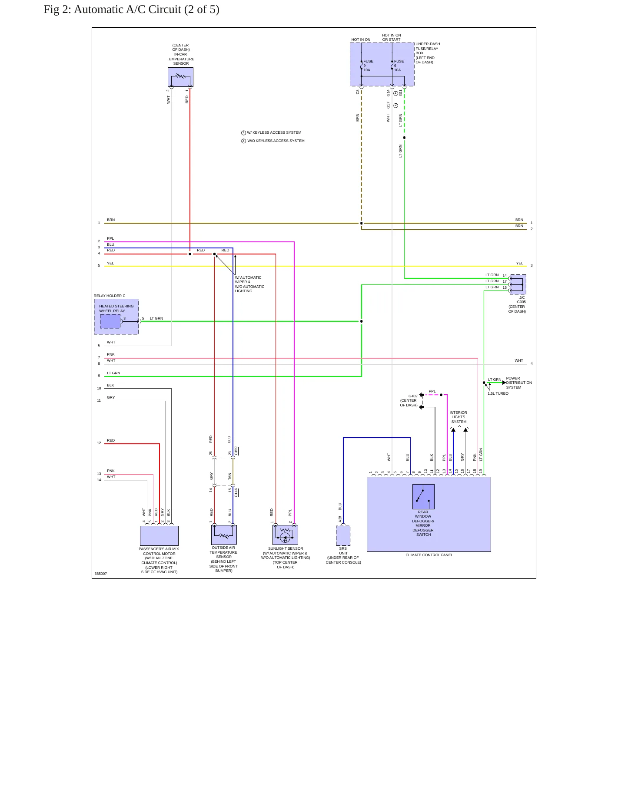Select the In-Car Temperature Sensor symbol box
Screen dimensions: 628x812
point(180,77)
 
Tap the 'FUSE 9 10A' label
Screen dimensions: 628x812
point(368,66)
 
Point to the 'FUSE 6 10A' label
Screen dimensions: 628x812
point(399,66)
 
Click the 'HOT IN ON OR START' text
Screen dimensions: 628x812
point(392,37)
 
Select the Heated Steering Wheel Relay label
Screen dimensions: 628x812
point(116,308)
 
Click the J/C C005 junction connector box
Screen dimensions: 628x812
point(518,284)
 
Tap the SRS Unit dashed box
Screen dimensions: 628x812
point(343,535)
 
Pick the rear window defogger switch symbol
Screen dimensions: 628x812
point(423,497)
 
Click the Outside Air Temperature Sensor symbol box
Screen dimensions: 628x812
point(224,535)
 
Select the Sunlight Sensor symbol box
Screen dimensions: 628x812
point(285,535)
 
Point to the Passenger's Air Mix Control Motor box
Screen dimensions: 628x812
point(159,536)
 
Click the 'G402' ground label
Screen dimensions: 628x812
point(413,396)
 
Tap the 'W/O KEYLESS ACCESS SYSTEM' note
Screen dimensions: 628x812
point(276,141)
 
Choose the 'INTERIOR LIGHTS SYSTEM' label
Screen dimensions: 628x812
point(459,417)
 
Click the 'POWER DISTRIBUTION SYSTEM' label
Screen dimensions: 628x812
point(519,383)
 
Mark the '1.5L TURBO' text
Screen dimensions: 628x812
point(498,393)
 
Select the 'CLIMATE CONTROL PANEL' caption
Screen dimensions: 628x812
point(429,555)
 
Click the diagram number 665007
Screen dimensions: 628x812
point(101,574)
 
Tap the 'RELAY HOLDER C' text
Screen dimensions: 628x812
point(110,296)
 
